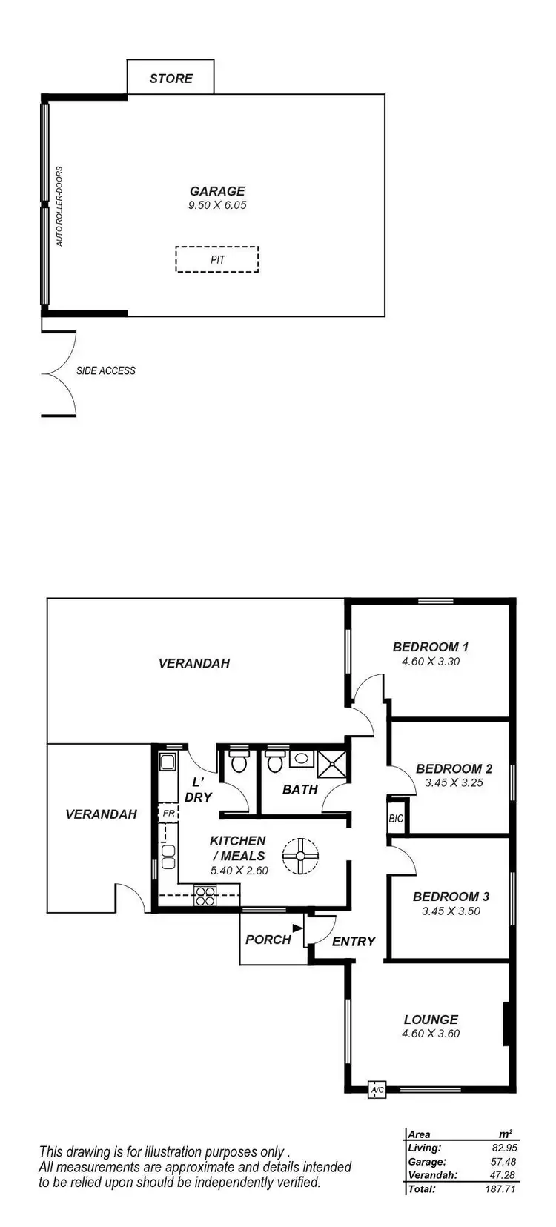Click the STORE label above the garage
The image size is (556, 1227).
tap(171, 79)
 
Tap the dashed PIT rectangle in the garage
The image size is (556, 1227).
tap(217, 259)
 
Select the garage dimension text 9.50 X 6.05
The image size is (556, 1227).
tap(217, 205)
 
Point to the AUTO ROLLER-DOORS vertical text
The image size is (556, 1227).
tap(60, 206)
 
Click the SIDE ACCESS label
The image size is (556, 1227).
tap(106, 370)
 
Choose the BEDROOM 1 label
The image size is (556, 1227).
tap(431, 647)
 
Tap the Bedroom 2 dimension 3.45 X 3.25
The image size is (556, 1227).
tap(454, 782)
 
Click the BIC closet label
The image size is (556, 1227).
tap(396, 819)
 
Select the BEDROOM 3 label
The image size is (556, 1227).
tap(451, 897)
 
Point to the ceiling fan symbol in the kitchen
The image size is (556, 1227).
tap(301, 856)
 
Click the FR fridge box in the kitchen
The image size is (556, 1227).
tap(168, 813)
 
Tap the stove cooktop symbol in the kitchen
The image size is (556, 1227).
tap(205, 897)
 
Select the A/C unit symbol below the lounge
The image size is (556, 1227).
tap(377, 1090)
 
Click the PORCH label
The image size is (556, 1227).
tap(268, 940)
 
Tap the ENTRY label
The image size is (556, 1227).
tap(354, 941)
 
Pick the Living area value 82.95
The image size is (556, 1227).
tap(504, 1148)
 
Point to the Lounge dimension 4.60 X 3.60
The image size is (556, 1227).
tap(431, 1034)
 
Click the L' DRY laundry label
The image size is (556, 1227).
tap(198, 790)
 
